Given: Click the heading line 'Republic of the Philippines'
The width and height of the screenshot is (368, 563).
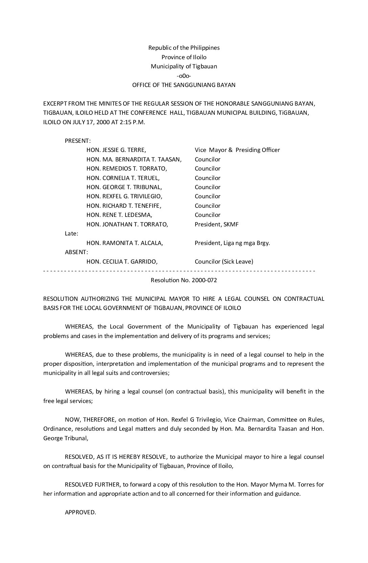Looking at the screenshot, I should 184,48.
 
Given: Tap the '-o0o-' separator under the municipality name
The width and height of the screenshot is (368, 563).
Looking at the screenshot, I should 184,76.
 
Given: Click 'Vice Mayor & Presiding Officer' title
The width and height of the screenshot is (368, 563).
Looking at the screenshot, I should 237,150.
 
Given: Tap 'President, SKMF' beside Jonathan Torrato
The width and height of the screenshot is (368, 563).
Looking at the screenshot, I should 216,224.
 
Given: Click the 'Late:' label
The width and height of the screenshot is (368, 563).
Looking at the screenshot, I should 71,233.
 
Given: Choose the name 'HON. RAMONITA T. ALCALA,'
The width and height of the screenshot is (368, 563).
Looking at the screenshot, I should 124,243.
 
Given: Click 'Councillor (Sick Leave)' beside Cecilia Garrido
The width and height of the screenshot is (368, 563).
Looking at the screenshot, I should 224,261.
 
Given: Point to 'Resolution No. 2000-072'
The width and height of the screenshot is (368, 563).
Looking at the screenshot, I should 184,280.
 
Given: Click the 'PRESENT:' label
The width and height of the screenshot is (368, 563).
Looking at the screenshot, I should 77,141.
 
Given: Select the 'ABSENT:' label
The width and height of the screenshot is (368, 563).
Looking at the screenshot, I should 76,252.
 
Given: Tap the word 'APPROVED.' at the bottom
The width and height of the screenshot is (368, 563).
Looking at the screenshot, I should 80,512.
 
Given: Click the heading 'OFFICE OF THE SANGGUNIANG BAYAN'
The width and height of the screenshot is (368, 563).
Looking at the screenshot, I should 184,85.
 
